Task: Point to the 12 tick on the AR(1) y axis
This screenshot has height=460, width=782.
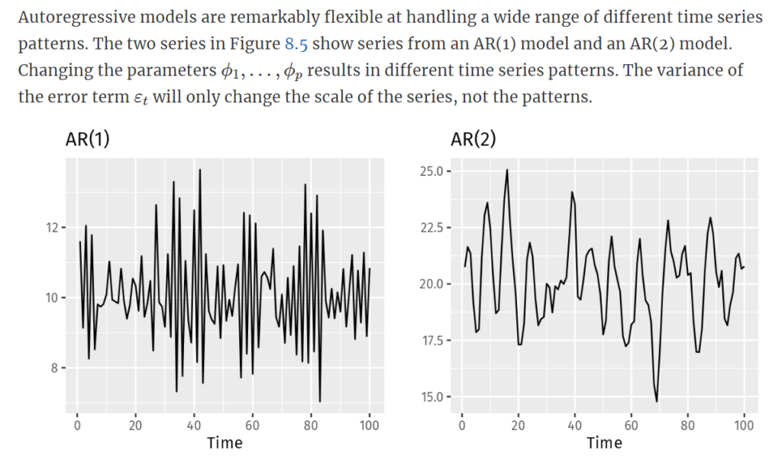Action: coord(51,228)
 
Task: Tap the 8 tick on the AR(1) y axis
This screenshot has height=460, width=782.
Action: coord(54,368)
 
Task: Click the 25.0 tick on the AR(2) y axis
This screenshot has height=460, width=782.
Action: coord(431,171)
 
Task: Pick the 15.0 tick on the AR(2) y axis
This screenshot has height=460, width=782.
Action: coord(431,397)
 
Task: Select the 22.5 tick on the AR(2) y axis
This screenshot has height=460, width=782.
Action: coord(431,228)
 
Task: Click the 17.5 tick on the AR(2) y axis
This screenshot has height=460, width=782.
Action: coord(431,340)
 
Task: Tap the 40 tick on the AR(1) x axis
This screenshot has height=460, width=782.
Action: coord(194,425)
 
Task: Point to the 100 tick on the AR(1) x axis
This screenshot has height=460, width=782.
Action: coord(370,425)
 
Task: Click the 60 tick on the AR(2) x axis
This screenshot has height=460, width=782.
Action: coord(632,425)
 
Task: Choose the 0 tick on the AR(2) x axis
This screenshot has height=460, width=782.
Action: coord(462,425)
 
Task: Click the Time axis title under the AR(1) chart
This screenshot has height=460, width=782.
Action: coord(225,442)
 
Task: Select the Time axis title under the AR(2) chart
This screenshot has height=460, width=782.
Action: coord(604,442)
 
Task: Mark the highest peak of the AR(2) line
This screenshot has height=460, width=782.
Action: coord(506,170)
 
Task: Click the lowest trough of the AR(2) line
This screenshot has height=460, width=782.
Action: coord(657,401)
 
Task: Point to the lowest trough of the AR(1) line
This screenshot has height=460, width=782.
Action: coord(320,401)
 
